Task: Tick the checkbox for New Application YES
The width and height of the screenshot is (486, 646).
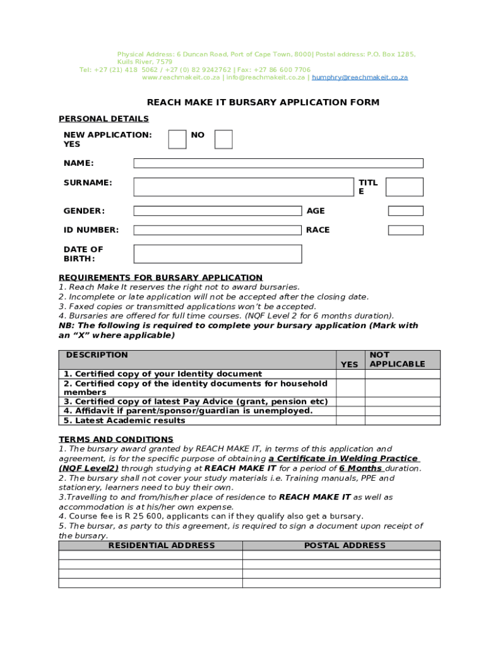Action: pos(177,139)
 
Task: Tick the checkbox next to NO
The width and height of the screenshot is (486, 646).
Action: pos(223,139)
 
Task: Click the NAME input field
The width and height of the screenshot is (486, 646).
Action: pos(278,163)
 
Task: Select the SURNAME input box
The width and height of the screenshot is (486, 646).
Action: pos(244,187)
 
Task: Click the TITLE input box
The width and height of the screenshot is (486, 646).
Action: pos(404,187)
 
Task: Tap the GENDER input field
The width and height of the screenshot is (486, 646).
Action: pos(218,211)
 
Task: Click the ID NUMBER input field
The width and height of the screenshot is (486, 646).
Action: pos(218,230)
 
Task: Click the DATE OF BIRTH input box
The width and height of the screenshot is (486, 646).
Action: pos(218,254)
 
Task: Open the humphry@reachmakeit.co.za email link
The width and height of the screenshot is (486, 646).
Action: pos(360,78)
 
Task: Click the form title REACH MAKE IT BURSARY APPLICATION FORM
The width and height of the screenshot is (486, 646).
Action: pos(263,102)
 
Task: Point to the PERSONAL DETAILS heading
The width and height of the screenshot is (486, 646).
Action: pos(104,119)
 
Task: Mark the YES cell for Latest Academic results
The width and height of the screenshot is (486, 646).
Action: pos(350,421)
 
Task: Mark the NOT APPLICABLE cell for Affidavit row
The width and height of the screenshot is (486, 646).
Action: pos(402,411)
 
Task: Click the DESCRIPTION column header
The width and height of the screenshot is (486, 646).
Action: pos(97,355)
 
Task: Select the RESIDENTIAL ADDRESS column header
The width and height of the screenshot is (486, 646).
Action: pos(162,546)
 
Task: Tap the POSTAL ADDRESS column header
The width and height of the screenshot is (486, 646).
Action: pos(345,546)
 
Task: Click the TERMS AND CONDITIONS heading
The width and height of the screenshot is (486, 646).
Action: pos(116,439)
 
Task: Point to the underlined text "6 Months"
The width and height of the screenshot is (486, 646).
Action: pos(360,469)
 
